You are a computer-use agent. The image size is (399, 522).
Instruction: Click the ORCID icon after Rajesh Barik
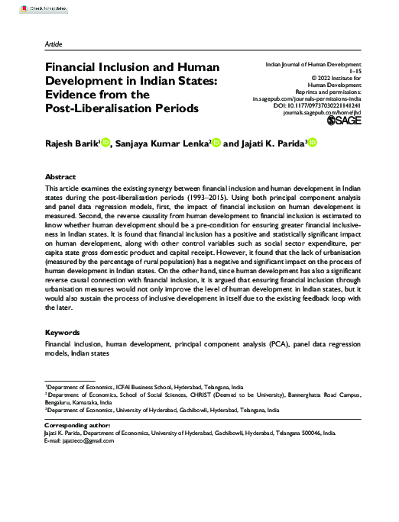pos(106,141)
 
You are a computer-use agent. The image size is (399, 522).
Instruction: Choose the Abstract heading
pos(61,176)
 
